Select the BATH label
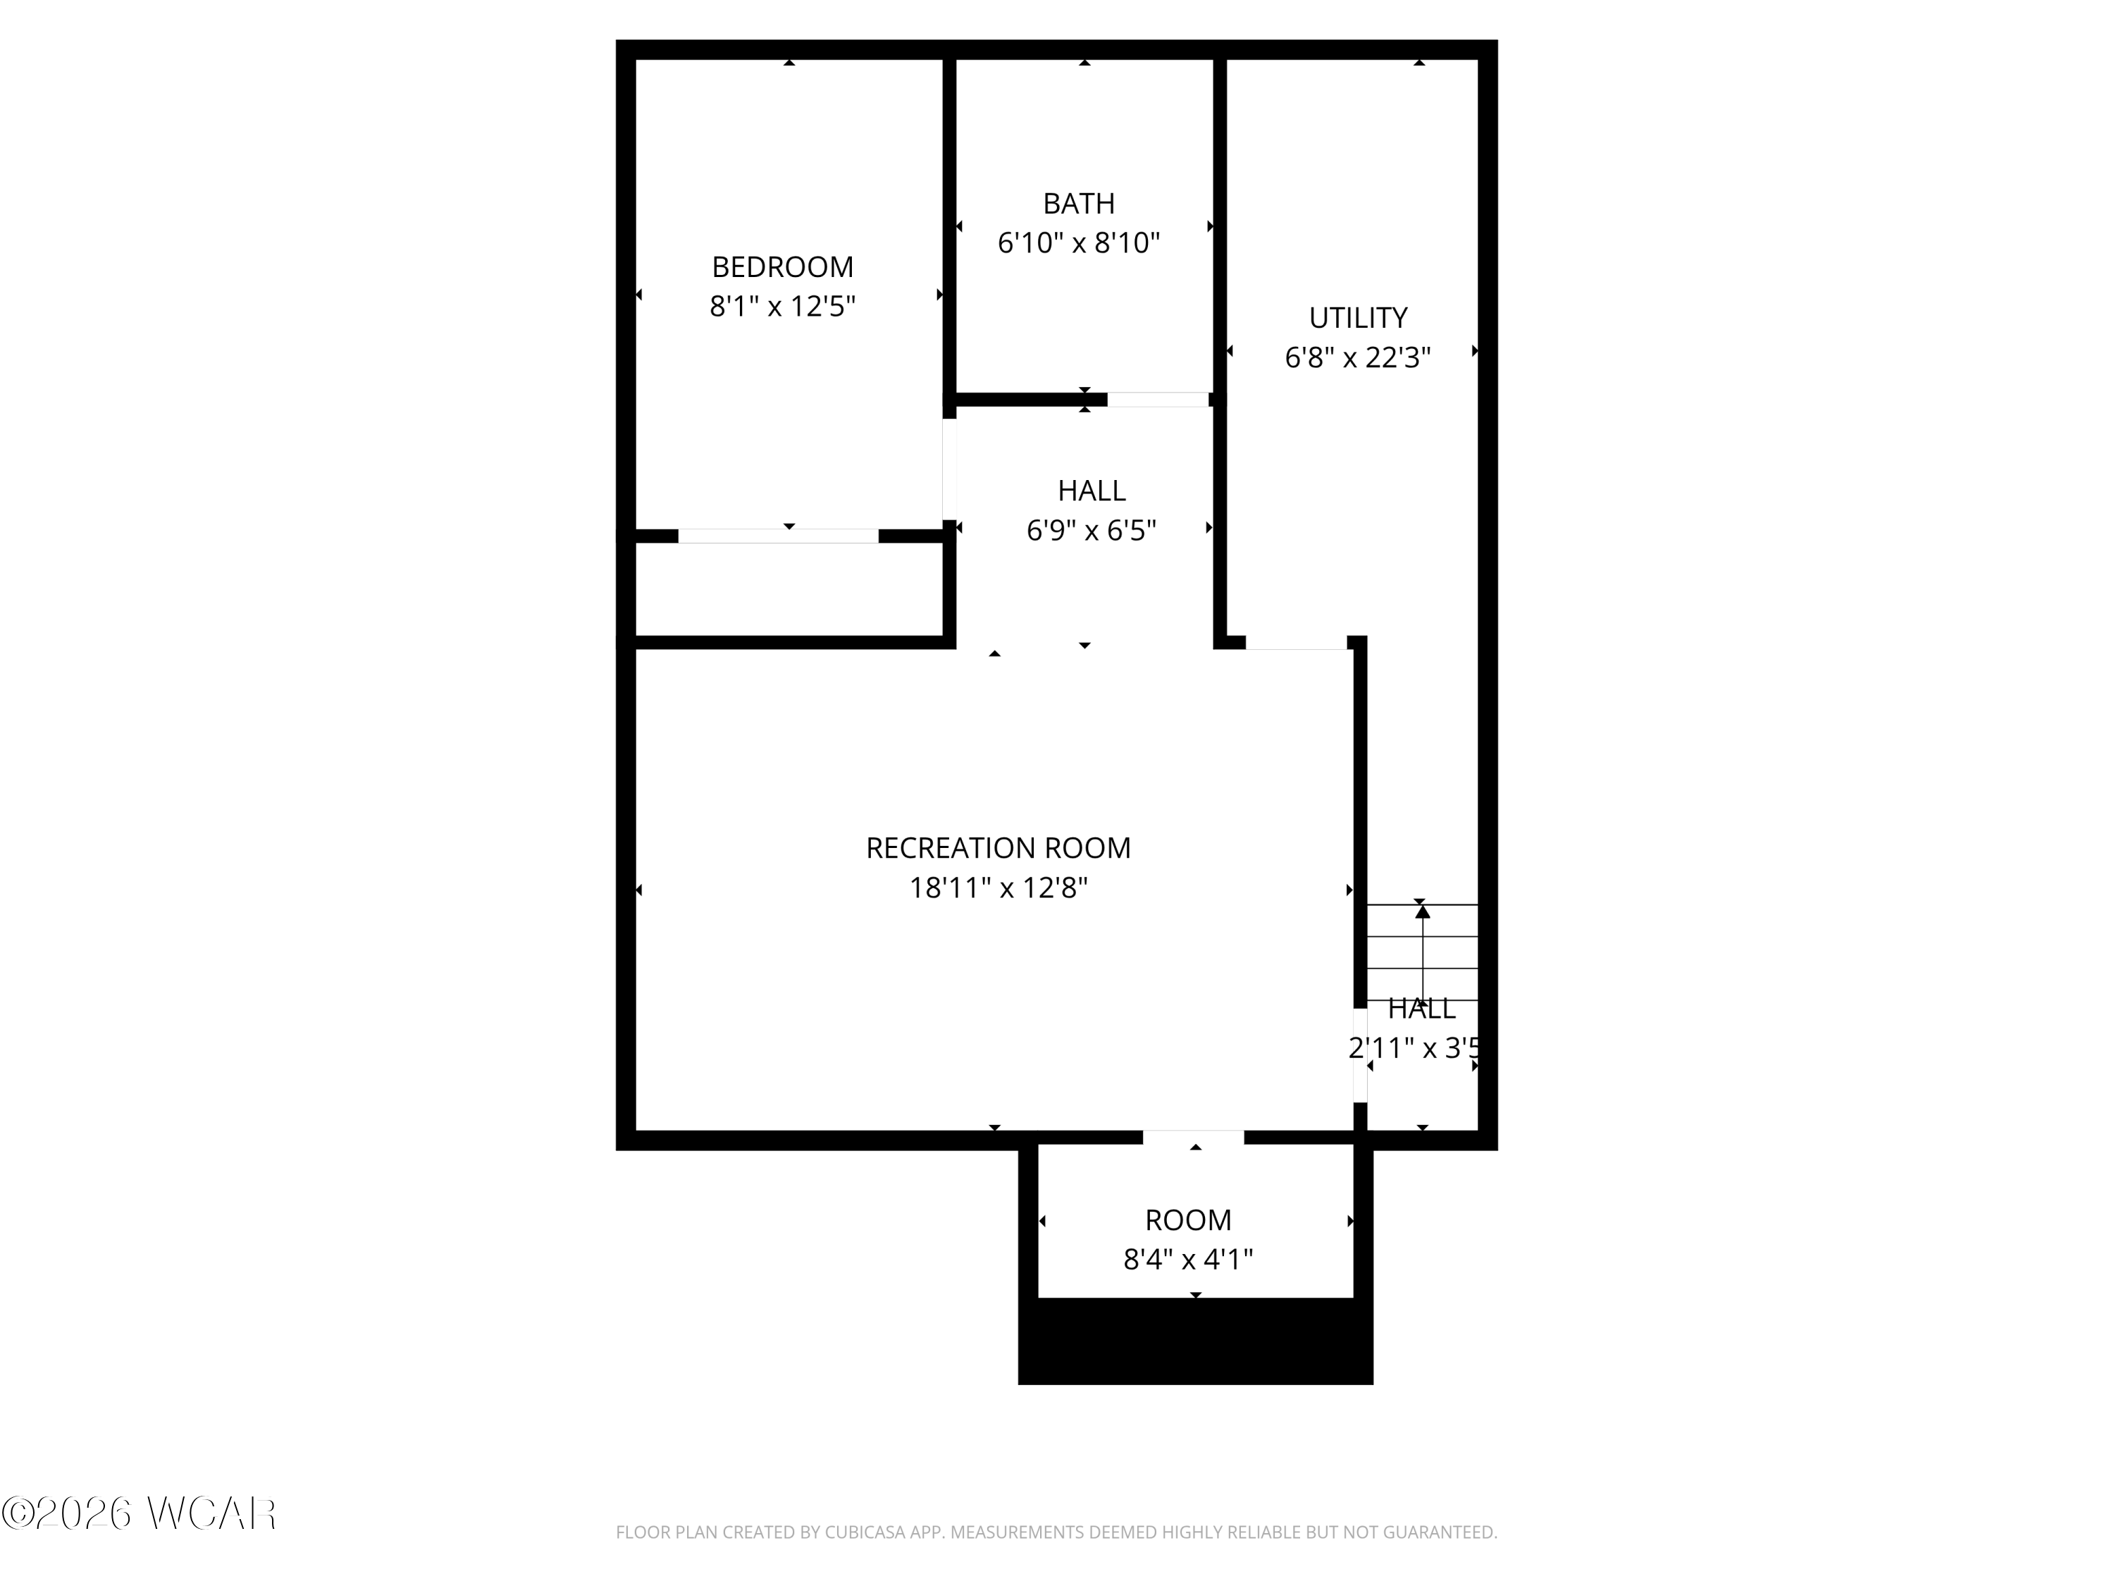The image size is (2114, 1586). click(1078, 204)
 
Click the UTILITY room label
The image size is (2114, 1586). click(1357, 317)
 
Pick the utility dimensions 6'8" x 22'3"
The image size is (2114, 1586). click(1357, 357)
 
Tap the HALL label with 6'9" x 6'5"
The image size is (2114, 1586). click(1092, 491)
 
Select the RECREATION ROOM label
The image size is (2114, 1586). click(998, 848)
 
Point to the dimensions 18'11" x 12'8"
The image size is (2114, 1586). click(998, 888)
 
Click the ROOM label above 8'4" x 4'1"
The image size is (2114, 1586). click(1188, 1220)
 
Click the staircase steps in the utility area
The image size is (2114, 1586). click(1422, 952)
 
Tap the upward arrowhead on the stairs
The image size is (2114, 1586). click(1422, 912)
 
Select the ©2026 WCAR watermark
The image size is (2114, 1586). click(140, 1513)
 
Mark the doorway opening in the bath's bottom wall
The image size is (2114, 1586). click(1157, 400)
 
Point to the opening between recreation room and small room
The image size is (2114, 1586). click(1194, 1137)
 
